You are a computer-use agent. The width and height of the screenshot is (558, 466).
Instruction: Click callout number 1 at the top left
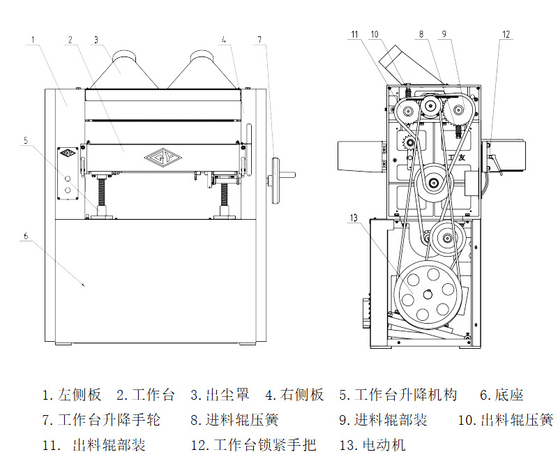coord(33,40)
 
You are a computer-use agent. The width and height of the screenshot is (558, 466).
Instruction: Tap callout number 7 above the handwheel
coord(259,40)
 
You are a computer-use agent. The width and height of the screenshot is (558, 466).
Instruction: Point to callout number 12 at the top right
coord(506,34)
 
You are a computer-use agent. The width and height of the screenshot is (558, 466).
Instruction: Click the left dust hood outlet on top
coord(126,61)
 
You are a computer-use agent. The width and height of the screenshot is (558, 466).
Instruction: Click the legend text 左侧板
coord(80,396)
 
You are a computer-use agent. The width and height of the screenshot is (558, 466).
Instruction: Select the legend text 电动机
coord(384,444)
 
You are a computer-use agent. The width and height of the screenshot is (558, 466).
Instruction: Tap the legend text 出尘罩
coord(228,396)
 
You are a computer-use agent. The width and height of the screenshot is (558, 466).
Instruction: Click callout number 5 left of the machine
coord(26,140)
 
